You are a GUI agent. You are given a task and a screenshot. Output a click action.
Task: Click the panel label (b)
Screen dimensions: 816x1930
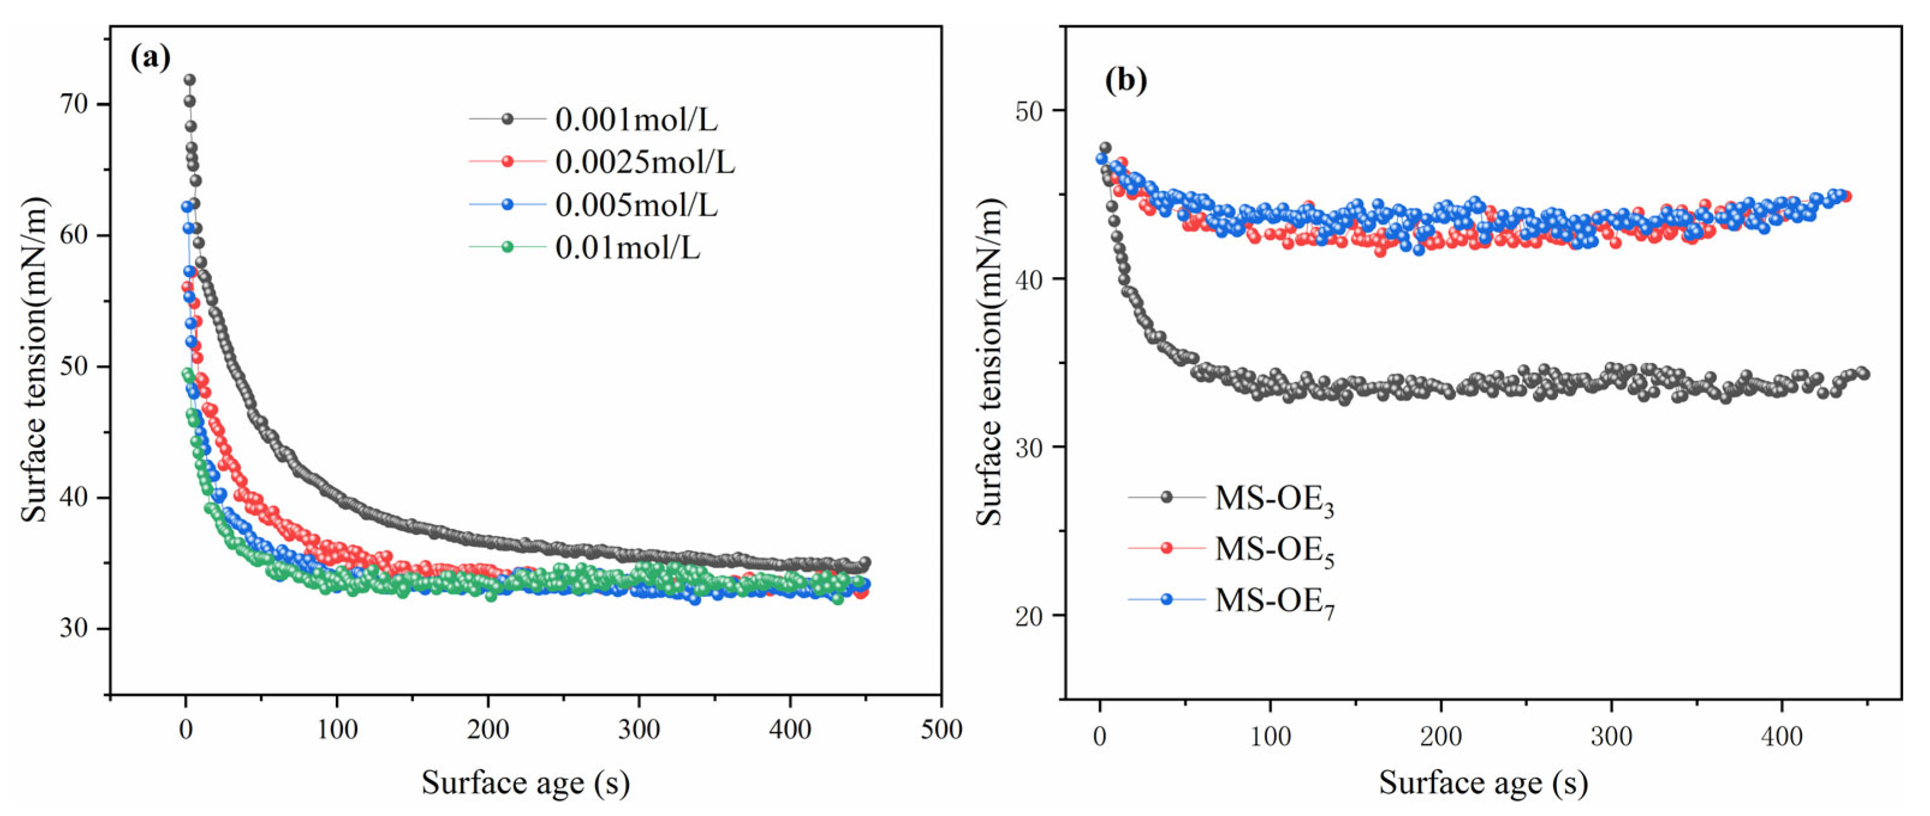coord(1125,80)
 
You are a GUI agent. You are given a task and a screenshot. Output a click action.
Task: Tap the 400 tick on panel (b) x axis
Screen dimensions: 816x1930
coord(1781,737)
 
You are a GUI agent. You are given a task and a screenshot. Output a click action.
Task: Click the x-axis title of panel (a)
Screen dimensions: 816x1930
coord(525,783)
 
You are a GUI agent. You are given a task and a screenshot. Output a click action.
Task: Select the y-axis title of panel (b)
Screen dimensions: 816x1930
coord(990,364)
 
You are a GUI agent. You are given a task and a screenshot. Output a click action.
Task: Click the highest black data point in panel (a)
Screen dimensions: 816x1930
coord(189,80)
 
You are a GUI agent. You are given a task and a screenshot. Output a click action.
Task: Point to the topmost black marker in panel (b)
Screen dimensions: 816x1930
coord(1105,148)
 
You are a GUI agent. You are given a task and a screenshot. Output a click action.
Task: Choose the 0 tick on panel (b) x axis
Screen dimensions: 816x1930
coord(1099,737)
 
